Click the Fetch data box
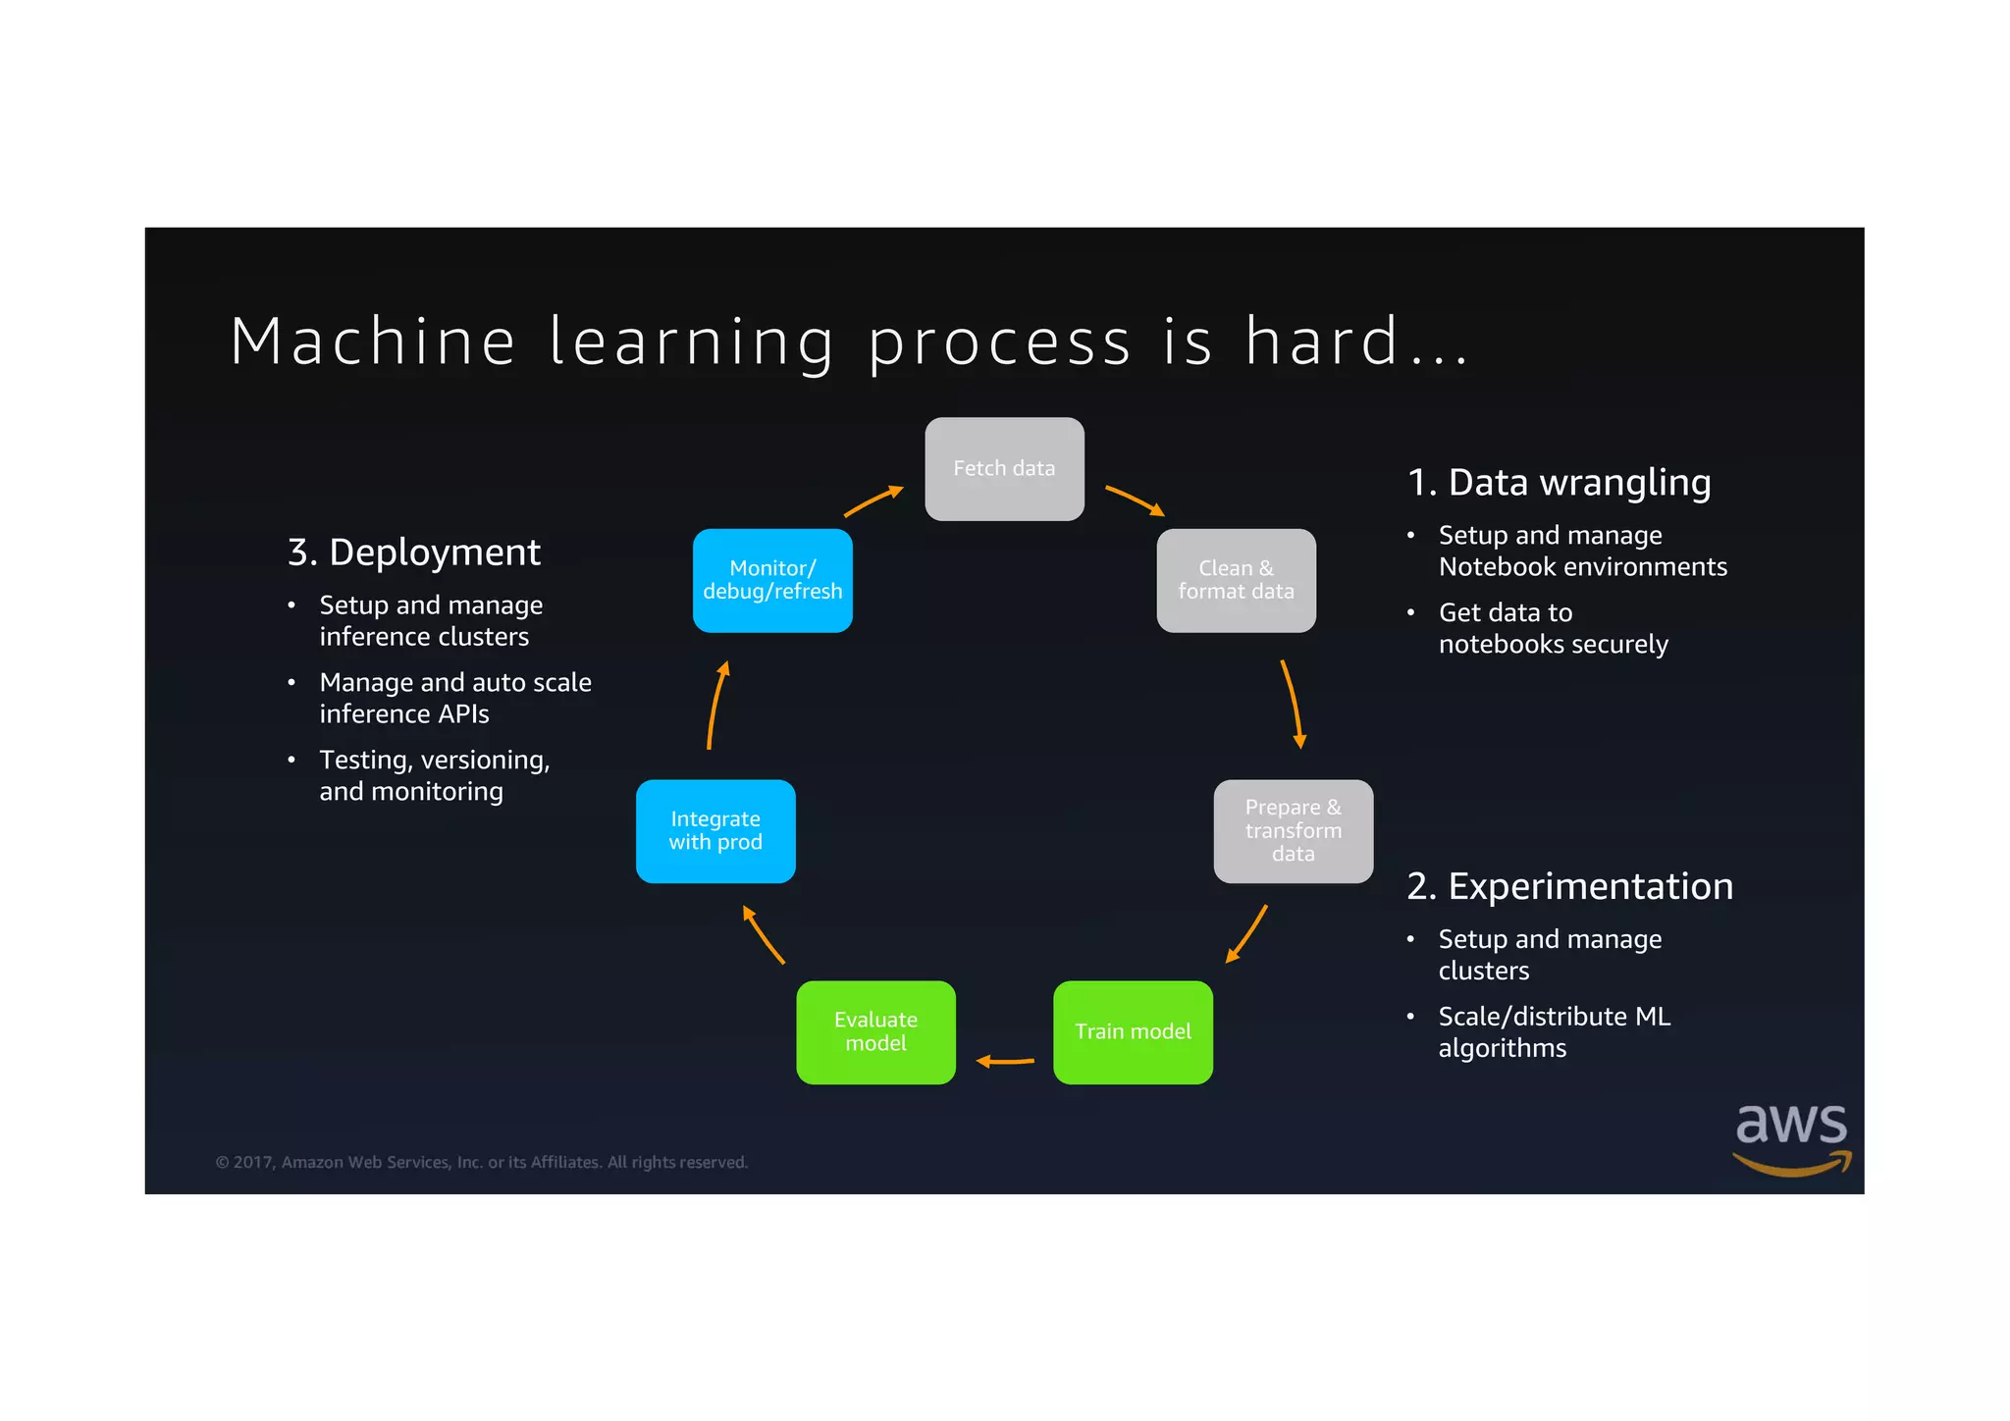pyautogui.click(x=1004, y=469)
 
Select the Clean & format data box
pyautogui.click(x=1236, y=580)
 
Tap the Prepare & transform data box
pyautogui.click(x=1293, y=831)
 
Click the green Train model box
pyautogui.click(x=1133, y=1031)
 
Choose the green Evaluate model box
pyautogui.click(x=875, y=1031)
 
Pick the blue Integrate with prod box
pyautogui.click(x=715, y=831)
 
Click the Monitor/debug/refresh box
pyautogui.click(x=772, y=580)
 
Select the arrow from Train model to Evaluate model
pyautogui.click(x=1005, y=1061)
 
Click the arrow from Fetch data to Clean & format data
pyautogui.click(x=1135, y=500)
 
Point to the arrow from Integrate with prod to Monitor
pyautogui.click(x=716, y=705)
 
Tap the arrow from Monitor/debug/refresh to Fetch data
pyautogui.click(x=873, y=500)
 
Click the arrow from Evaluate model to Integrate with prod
pyautogui.click(x=764, y=934)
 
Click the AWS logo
pyautogui.click(x=1791, y=1137)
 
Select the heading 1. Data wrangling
pyautogui.click(x=1559, y=483)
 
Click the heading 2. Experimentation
pyautogui.click(x=1569, y=886)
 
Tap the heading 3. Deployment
pyautogui.click(x=413, y=553)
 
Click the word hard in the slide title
pyautogui.click(x=1321, y=342)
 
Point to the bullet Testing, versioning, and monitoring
pyautogui.click(x=434, y=775)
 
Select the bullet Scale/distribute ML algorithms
pyautogui.click(x=1554, y=1031)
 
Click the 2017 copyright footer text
pyautogui.click(x=481, y=1162)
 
